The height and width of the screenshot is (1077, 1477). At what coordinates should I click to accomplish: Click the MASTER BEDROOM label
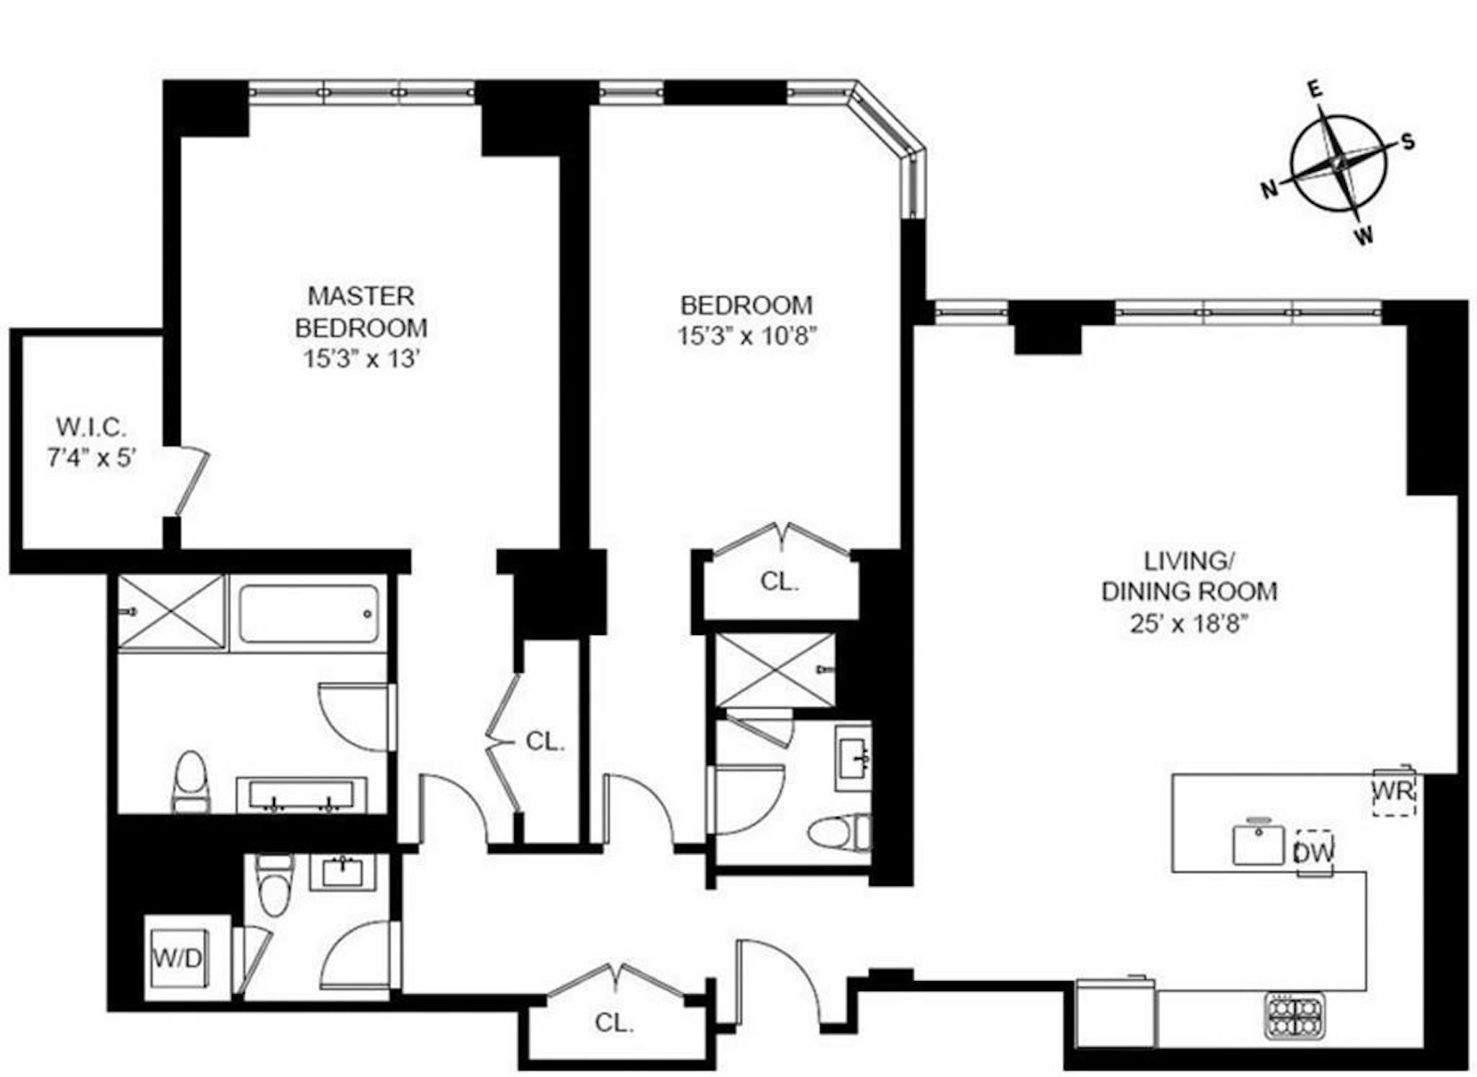(x=361, y=312)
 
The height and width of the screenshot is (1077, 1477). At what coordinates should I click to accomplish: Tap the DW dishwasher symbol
(x=1315, y=853)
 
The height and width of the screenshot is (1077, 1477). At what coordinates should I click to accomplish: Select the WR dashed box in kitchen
(x=1393, y=792)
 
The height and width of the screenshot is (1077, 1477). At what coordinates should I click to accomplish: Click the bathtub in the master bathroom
(x=308, y=614)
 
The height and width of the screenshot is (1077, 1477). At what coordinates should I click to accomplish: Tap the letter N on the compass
(x=1270, y=190)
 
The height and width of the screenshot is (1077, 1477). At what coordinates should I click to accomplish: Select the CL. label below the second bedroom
(x=779, y=581)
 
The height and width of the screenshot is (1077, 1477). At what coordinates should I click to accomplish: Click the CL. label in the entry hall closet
(x=614, y=1023)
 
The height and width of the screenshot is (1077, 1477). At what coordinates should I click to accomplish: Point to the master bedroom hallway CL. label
(x=545, y=742)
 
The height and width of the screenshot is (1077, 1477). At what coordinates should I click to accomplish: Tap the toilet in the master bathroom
(x=191, y=781)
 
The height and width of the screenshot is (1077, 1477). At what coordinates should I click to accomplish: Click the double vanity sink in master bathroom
(x=301, y=795)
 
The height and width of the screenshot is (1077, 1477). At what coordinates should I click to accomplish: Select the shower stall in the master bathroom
(x=172, y=612)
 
